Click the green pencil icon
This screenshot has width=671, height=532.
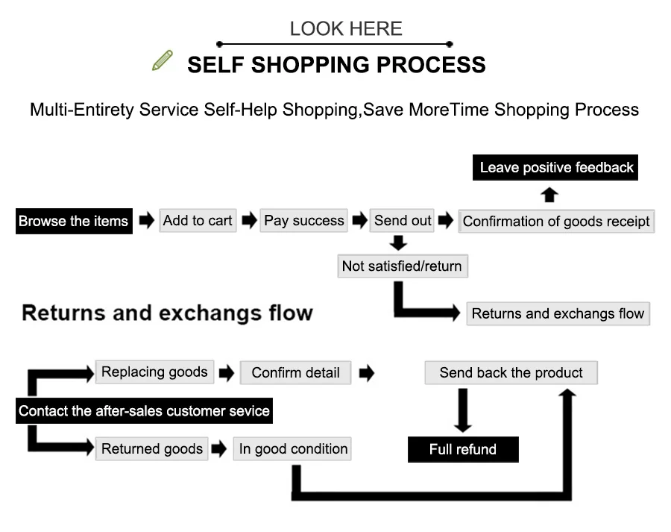point(163,60)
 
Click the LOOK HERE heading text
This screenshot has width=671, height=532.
point(346,29)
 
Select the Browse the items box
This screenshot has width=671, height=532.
point(74,221)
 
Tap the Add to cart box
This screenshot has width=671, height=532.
point(198,221)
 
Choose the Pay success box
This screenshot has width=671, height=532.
point(304,221)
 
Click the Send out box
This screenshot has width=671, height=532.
point(403,221)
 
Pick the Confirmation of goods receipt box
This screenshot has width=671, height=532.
point(556,221)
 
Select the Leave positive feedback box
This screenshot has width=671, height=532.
point(555,167)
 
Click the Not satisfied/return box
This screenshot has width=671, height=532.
point(403,266)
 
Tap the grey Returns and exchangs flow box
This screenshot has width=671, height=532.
point(558,313)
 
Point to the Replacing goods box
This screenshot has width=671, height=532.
point(154,372)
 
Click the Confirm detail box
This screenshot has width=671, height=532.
point(296,372)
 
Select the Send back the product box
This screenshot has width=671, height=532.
point(511,372)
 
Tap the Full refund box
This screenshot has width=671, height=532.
point(463,449)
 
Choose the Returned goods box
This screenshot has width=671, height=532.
point(152,448)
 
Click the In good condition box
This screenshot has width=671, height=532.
point(292,448)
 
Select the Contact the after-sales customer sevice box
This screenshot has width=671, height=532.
point(144,411)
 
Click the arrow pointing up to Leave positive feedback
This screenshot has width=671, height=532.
point(549,195)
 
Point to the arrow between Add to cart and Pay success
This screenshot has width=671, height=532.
point(249,221)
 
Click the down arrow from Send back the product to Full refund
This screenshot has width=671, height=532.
point(462,410)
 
